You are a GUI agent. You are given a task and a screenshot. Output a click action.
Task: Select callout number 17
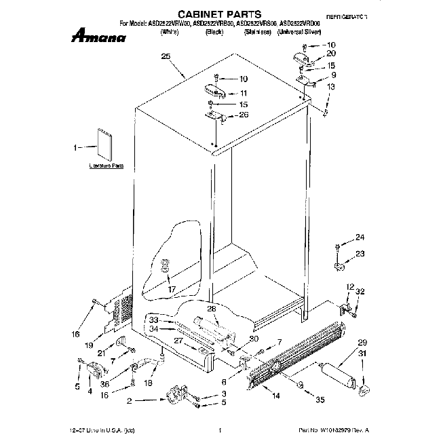[172, 288]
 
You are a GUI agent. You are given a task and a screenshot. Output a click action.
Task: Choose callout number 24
[360, 237]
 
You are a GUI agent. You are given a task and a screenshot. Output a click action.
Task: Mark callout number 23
[360, 253]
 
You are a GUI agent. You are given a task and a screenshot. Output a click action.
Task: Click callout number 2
[129, 401]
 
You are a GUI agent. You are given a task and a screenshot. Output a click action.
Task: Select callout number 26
[244, 115]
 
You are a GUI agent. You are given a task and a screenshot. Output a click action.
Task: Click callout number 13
[330, 87]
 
